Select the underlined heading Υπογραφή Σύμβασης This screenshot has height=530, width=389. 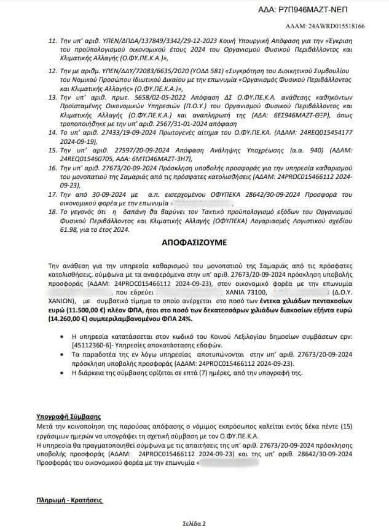73,417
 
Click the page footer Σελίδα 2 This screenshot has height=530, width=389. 194,523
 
